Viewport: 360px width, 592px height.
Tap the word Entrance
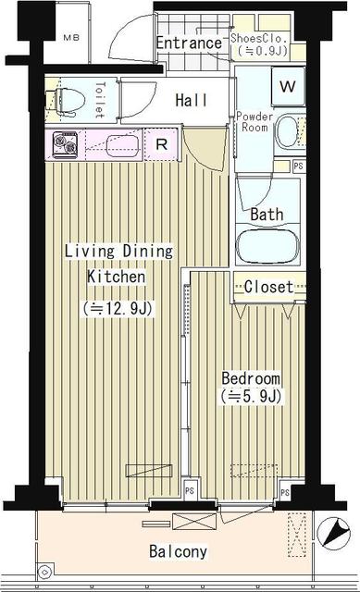click(x=189, y=43)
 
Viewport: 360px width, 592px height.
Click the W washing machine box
click(x=288, y=87)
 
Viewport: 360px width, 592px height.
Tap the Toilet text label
click(x=99, y=101)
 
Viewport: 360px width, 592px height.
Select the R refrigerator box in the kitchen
click(x=160, y=144)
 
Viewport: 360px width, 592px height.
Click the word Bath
click(x=267, y=214)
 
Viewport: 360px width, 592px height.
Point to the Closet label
click(x=268, y=287)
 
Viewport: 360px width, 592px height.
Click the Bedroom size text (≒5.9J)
click(x=250, y=397)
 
